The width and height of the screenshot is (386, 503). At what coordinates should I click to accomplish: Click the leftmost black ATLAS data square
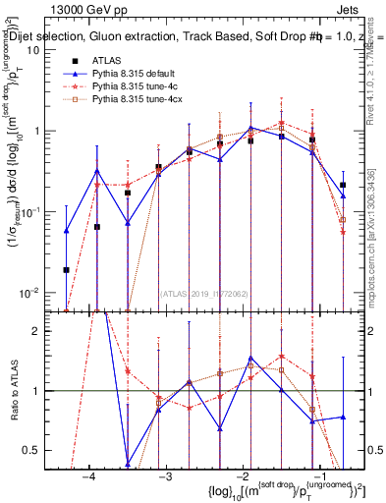click(67, 269)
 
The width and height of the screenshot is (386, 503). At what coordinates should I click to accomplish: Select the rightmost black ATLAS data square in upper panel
click(343, 185)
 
